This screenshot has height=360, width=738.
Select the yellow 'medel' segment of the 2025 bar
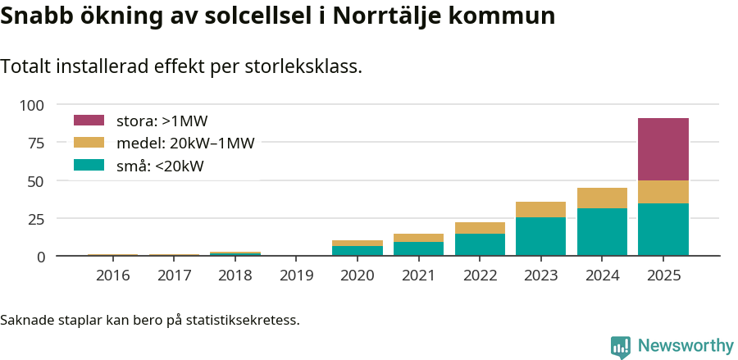[663, 192]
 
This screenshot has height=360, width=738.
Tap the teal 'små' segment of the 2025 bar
[663, 230]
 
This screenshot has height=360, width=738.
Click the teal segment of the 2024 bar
[602, 232]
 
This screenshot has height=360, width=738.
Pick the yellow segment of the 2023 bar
[540, 209]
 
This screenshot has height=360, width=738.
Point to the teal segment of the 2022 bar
[480, 245]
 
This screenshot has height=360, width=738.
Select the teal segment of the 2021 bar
[418, 248]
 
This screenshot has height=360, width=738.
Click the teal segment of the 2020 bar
[357, 251]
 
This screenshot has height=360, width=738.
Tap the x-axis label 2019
[296, 276]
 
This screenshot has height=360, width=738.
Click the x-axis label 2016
[112, 276]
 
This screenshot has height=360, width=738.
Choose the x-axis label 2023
[540, 276]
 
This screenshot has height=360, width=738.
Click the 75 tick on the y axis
[36, 143]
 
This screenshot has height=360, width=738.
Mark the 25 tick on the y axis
[36, 219]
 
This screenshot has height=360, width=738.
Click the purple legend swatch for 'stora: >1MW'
[89, 121]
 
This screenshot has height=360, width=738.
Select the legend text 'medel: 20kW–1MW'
[185, 144]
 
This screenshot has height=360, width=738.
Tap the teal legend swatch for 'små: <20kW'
[89, 166]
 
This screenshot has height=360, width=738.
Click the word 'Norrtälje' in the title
[390, 16]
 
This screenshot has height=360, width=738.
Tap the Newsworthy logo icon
[621, 346]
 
